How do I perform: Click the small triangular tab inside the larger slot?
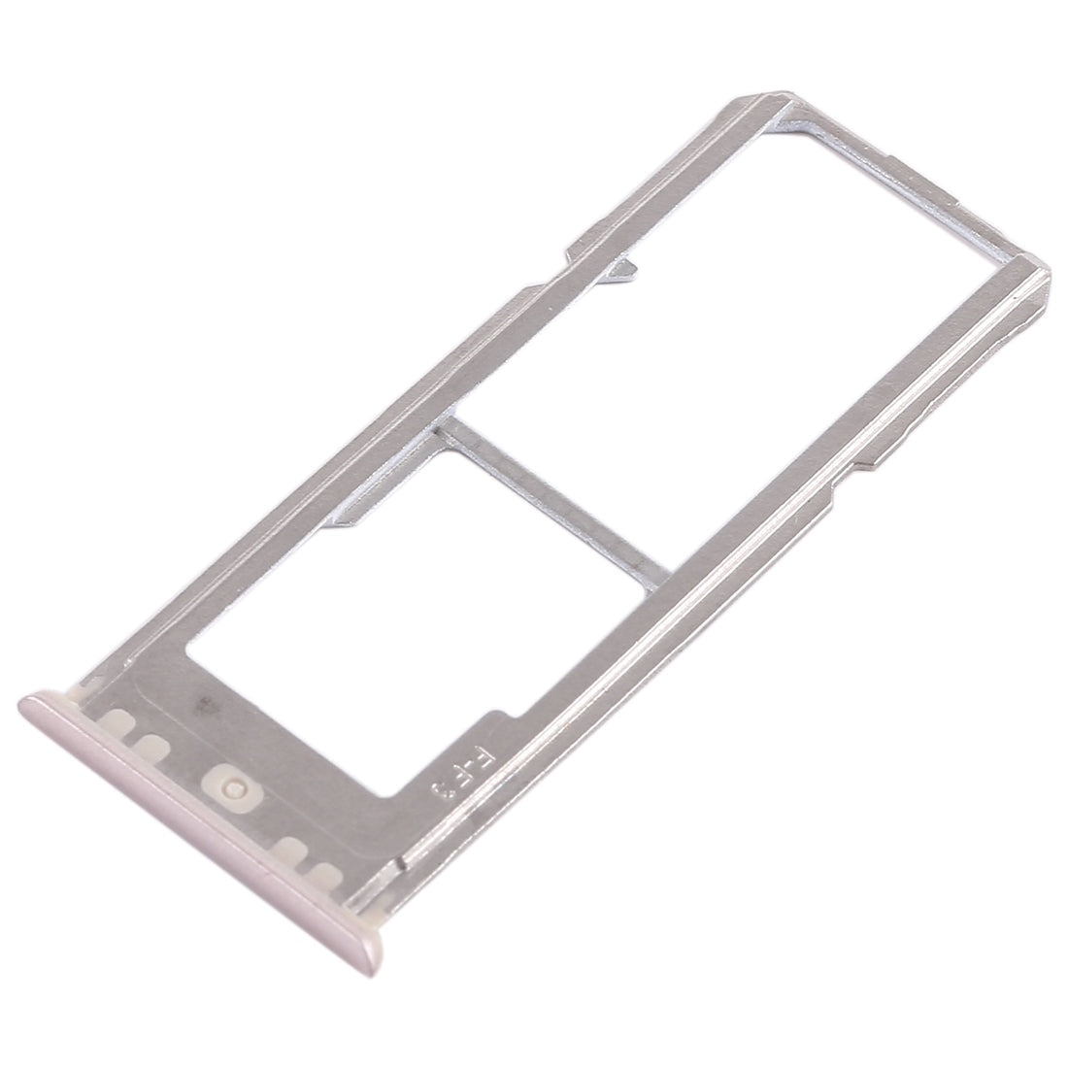click(619, 270)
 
